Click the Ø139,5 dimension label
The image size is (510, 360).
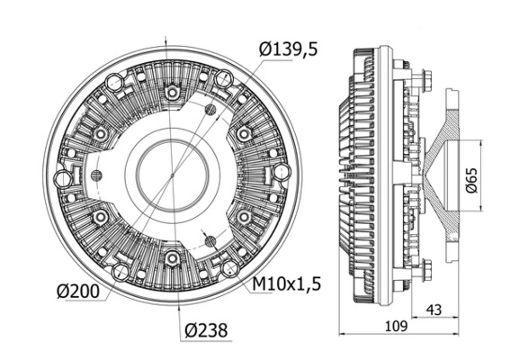tap(289, 51)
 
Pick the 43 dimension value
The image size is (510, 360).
tap(434, 310)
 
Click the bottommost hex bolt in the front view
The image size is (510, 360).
tap(170, 259)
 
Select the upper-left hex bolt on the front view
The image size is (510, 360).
tap(102, 134)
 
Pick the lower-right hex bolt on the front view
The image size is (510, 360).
tap(243, 218)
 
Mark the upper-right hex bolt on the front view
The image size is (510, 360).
tap(243, 133)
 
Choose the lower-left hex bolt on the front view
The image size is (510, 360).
tap(100, 218)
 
